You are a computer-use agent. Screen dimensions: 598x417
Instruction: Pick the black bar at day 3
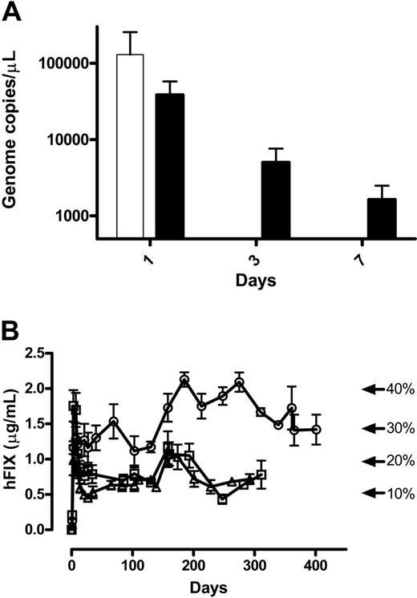(276, 200)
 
